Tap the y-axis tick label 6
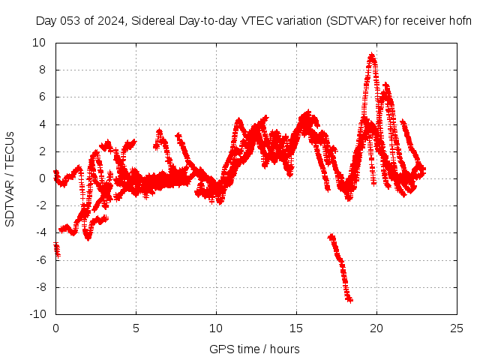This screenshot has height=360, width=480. click(x=42, y=97)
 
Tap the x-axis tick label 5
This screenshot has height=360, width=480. click(x=136, y=328)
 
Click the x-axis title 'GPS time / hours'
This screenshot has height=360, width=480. click(x=253, y=349)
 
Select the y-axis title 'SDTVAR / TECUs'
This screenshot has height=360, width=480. click(x=10, y=178)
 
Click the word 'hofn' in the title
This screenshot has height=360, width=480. click(x=460, y=21)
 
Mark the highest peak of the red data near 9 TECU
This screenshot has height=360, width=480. click(x=371, y=55)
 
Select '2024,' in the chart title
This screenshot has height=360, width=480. click(x=111, y=21)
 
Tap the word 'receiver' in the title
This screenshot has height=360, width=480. click(x=425, y=21)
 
